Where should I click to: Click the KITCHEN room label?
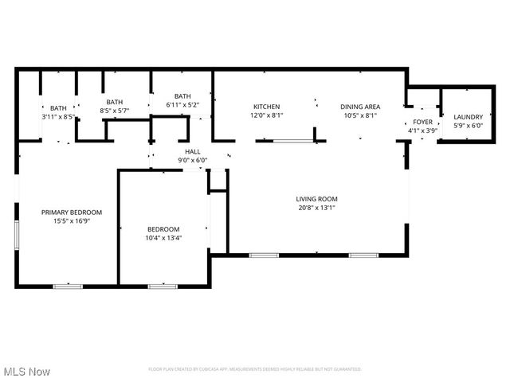[268, 107]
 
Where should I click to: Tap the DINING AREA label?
[360, 107]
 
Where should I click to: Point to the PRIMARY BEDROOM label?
[72, 212]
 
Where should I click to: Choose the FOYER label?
[422, 122]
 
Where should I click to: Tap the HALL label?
[193, 151]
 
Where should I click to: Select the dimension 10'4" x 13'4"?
[163, 237]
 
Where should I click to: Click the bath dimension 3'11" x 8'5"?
[58, 117]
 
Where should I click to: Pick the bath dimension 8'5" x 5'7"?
[115, 111]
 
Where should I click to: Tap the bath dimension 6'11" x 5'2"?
[182, 105]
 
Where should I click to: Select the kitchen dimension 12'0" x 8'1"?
[268, 115]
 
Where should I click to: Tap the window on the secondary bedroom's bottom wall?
[163, 286]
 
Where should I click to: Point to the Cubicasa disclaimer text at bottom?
[255, 369]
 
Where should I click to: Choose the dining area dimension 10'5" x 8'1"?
[360, 115]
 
